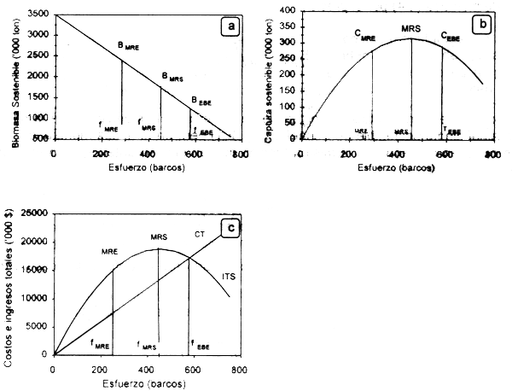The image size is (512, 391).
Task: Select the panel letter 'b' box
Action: pos(482,25)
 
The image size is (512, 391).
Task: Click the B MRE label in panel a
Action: pos(128,48)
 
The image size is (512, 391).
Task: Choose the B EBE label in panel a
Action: pos(201,102)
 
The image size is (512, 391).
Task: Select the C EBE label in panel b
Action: pos(451,37)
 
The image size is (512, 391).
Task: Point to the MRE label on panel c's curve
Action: pos(108,252)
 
